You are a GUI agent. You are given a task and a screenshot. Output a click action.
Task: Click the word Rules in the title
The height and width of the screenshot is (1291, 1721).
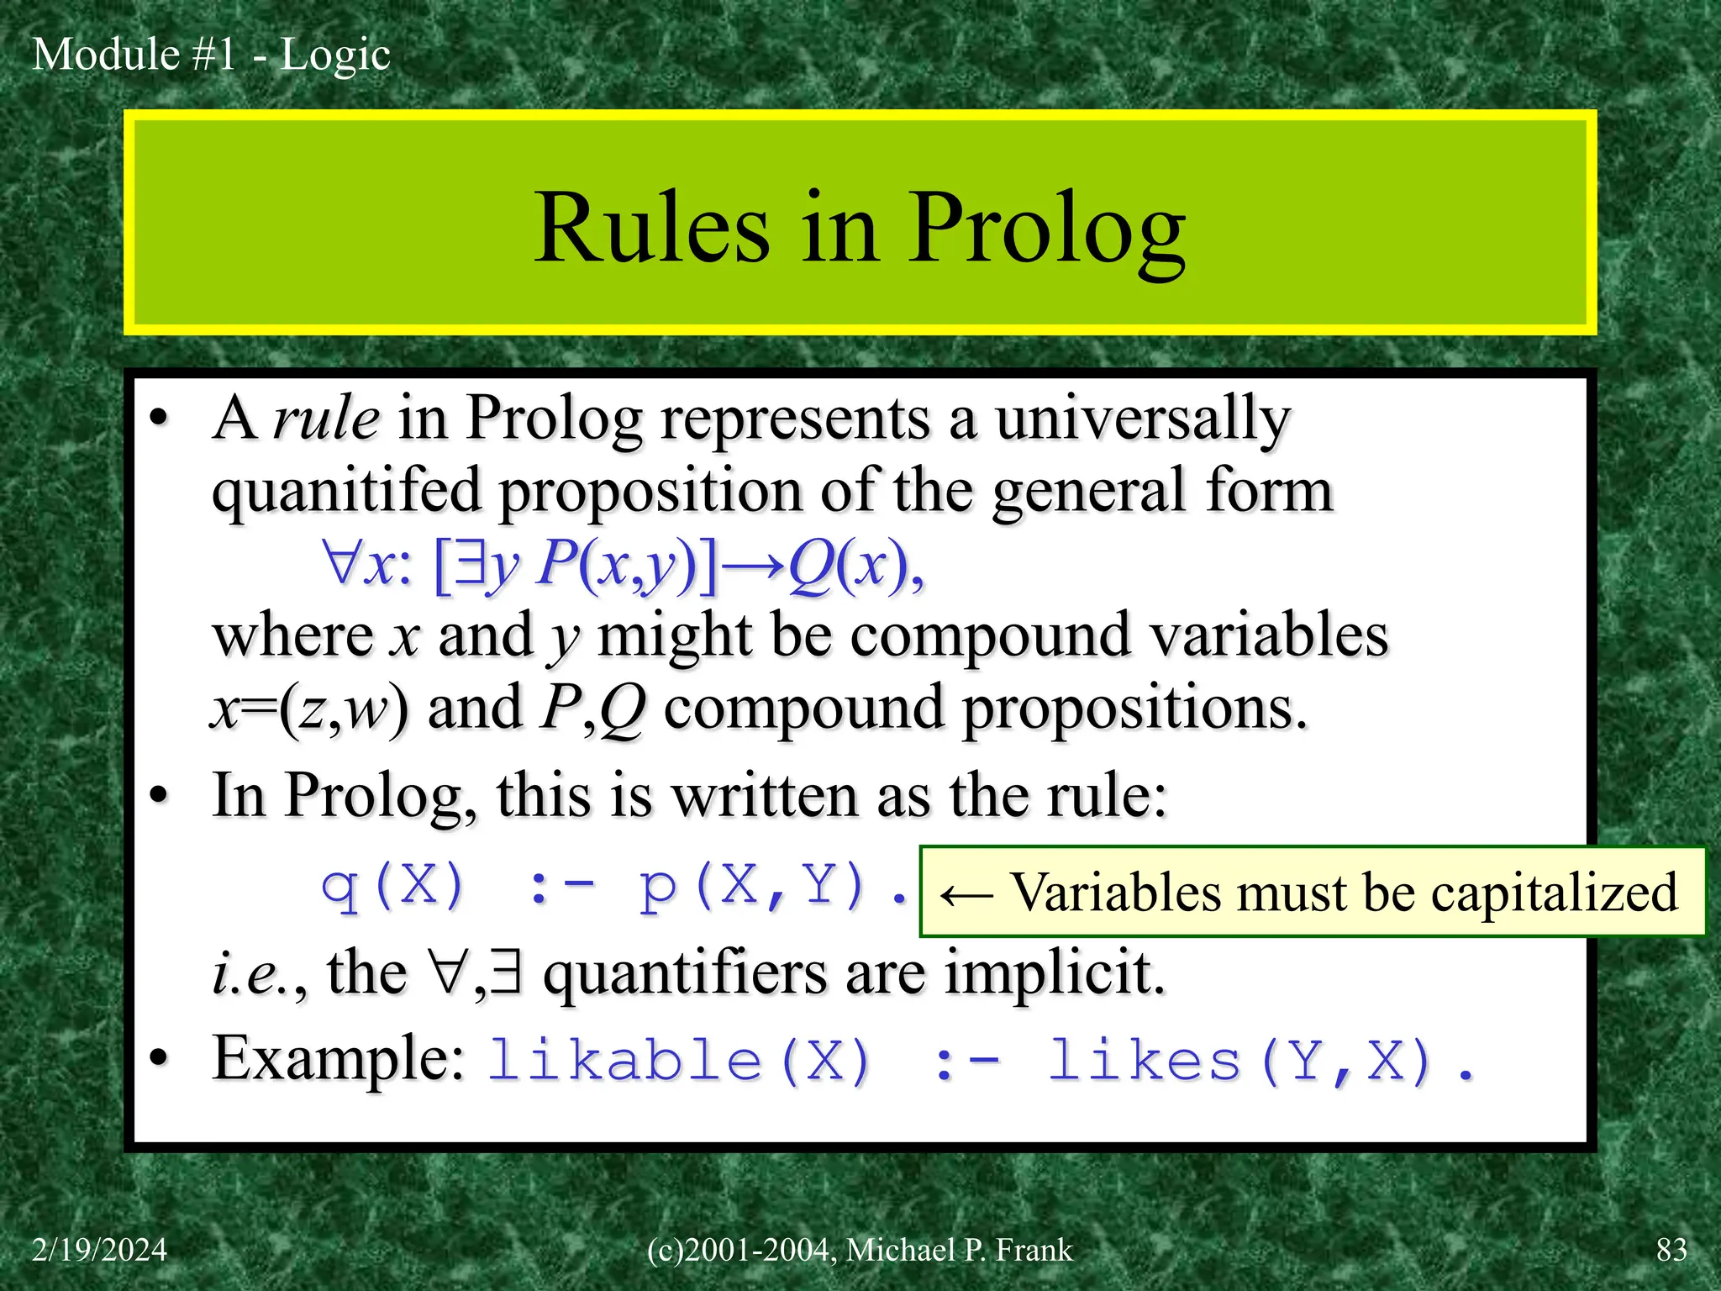click(x=651, y=229)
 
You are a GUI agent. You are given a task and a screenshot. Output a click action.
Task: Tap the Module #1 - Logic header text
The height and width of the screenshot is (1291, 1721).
click(x=211, y=55)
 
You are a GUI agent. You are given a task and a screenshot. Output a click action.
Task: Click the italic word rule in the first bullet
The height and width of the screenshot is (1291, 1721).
click(x=326, y=418)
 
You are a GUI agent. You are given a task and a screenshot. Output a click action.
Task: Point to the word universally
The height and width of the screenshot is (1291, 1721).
click(x=1143, y=418)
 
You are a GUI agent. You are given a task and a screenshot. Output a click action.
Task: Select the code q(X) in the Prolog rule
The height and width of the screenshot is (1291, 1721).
click(x=393, y=886)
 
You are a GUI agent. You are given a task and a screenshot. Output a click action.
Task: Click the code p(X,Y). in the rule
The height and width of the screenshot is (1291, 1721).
click(x=773, y=886)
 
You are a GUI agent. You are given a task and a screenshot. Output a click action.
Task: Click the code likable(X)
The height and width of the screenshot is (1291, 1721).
click(x=679, y=1061)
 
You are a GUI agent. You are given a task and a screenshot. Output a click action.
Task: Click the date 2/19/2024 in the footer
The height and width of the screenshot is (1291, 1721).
click(x=99, y=1250)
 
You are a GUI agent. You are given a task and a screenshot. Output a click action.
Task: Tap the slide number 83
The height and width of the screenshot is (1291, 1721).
click(x=1671, y=1250)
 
